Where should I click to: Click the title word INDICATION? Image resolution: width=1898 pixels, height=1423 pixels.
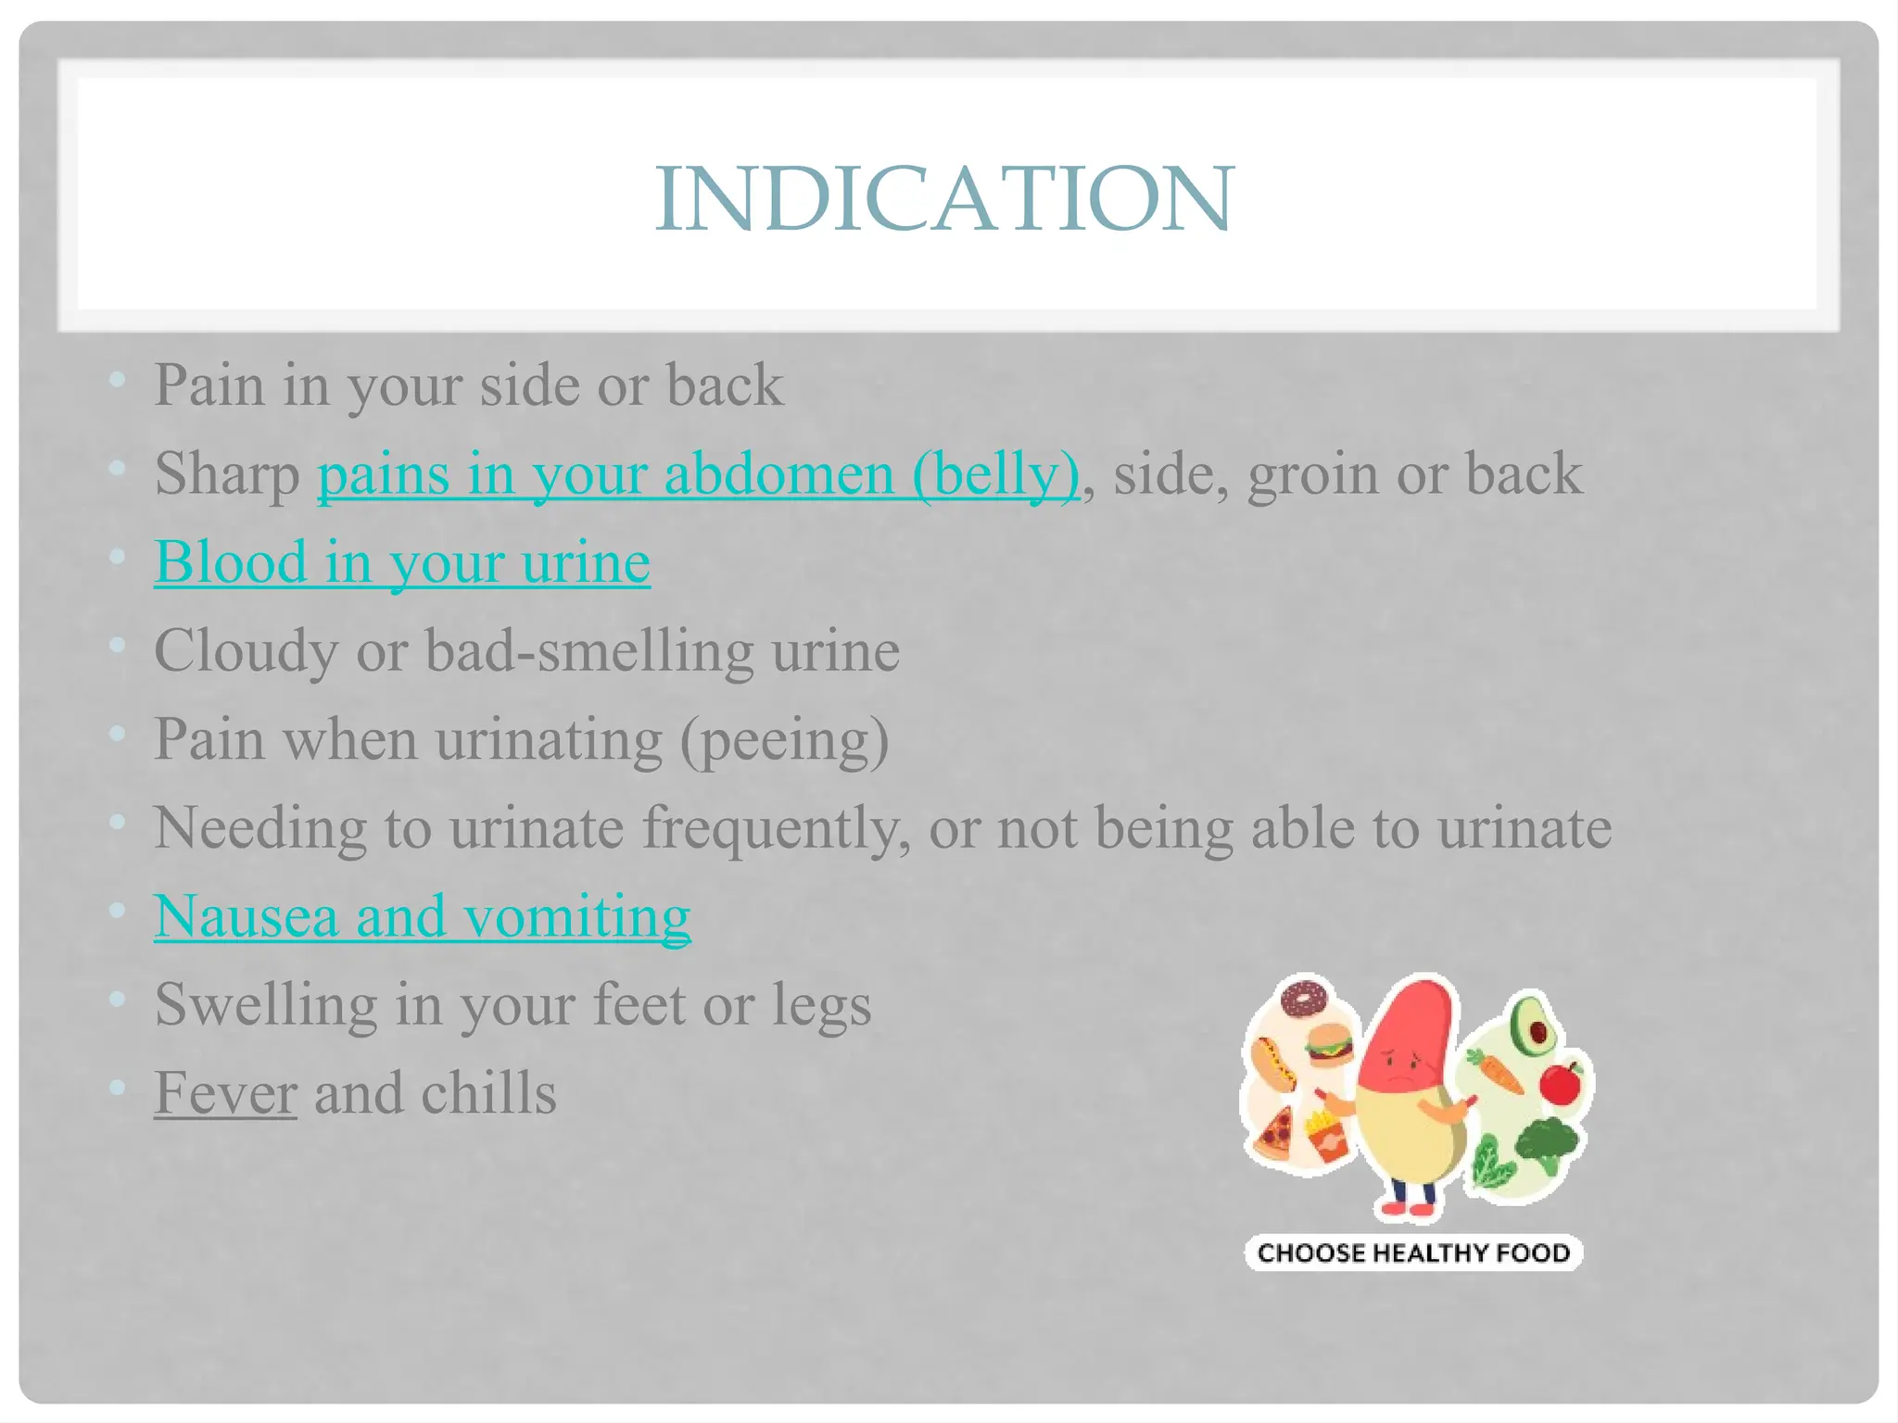coord(943,198)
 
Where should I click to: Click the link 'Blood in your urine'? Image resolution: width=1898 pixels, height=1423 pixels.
coord(401,562)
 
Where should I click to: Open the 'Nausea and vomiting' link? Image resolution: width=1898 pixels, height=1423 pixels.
coord(422,916)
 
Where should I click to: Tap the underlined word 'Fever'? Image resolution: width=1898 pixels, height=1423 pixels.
coord(225,1093)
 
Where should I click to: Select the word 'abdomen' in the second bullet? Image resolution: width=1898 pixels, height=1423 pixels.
coord(778,474)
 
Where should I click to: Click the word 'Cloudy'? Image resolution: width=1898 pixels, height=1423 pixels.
coord(246,650)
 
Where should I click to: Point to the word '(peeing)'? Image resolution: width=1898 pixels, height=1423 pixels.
coord(784,740)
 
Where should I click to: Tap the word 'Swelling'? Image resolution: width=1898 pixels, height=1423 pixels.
coord(266,1005)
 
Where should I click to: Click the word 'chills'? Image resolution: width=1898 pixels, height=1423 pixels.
coord(488,1093)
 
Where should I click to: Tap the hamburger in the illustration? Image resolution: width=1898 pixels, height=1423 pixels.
coord(1328,1048)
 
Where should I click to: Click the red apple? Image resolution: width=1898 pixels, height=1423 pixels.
coord(1562,1082)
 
